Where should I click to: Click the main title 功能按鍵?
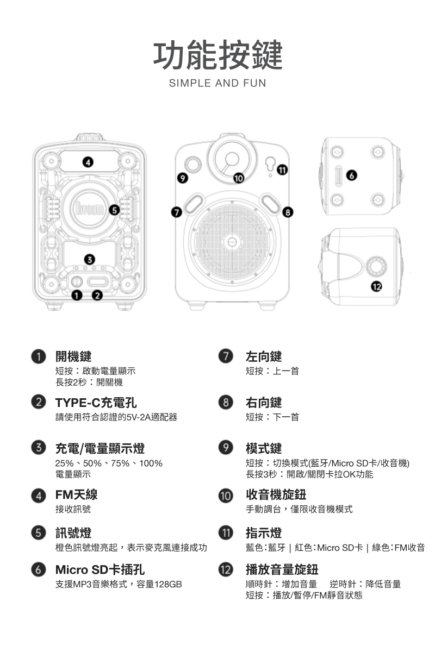pyautogui.click(x=217, y=55)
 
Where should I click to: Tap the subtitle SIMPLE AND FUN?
pyautogui.click(x=217, y=83)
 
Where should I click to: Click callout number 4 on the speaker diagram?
pyautogui.click(x=88, y=162)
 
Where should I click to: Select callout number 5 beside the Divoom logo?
pyautogui.click(x=114, y=210)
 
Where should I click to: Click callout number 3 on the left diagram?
pyautogui.click(x=90, y=259)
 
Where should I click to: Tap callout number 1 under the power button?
pyautogui.click(x=76, y=296)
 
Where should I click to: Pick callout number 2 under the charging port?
pyautogui.click(x=97, y=296)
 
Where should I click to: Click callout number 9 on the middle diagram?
pyautogui.click(x=183, y=178)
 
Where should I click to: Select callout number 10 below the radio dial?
pyautogui.click(x=239, y=178)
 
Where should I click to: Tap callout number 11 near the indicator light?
pyautogui.click(x=282, y=170)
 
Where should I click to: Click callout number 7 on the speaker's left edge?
pyautogui.click(x=177, y=212)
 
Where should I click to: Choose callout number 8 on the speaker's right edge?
pyautogui.click(x=288, y=212)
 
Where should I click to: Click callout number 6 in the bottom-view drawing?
pyautogui.click(x=352, y=175)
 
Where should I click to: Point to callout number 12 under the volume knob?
pyautogui.click(x=376, y=287)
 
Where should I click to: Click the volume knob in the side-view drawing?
pyautogui.click(x=377, y=266)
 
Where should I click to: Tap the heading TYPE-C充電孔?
pyautogui.click(x=96, y=403)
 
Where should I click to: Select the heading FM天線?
pyautogui.click(x=76, y=494)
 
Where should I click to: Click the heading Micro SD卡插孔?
pyautogui.click(x=100, y=569)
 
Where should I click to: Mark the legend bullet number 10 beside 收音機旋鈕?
pyautogui.click(x=226, y=496)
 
